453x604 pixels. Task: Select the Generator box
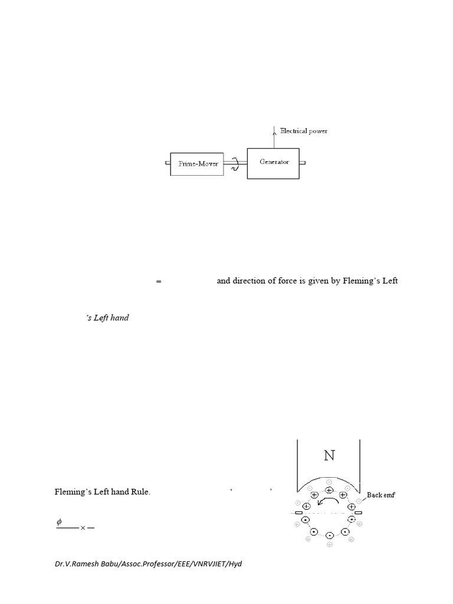273,163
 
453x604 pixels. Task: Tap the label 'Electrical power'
304,131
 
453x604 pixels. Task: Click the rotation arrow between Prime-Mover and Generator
234,164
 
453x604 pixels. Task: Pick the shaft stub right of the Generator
302,163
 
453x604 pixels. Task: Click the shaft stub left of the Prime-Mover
167,163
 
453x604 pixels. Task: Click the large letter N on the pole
329,455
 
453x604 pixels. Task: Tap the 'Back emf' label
380,495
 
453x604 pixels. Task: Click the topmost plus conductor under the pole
329,490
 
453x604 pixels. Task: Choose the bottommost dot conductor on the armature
329,535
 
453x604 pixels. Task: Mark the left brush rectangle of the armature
298,514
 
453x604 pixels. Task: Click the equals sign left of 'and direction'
158,282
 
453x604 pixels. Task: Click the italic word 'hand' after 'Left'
119,318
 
